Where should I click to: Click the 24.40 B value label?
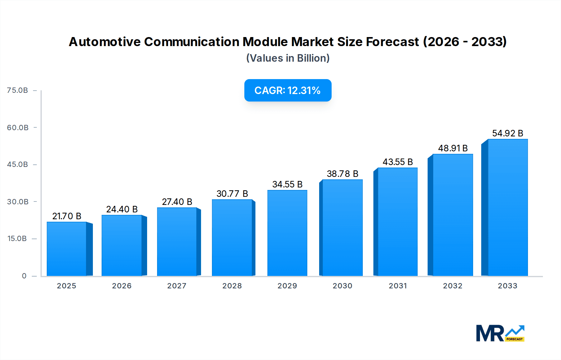click(122, 209)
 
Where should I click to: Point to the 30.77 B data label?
click(232, 194)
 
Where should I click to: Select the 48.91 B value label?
click(453, 148)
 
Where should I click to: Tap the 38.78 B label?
click(342, 174)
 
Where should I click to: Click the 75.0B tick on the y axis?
click(17, 90)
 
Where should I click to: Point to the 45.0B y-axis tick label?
click(17, 164)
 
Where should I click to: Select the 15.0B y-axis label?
click(17, 239)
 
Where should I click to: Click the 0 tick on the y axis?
click(24, 276)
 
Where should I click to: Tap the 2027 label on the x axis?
click(177, 286)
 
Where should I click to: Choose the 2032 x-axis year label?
click(453, 286)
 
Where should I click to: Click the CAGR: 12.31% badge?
click(288, 90)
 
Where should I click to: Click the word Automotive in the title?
click(104, 42)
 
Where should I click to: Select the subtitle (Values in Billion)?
click(288, 58)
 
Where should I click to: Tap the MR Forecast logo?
click(500, 333)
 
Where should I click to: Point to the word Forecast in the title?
click(392, 42)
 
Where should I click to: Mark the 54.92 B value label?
click(507, 133)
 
